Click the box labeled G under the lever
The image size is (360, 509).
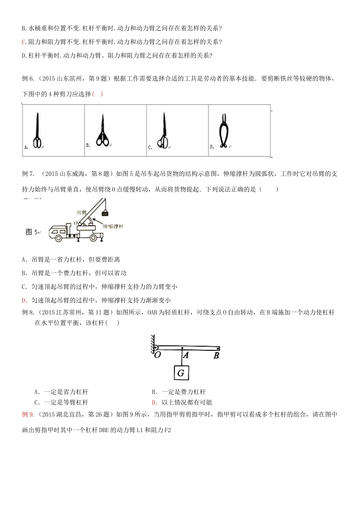181,373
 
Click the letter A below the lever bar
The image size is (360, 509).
186,355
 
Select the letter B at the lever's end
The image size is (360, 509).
216,355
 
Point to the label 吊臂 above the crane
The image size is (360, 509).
81,213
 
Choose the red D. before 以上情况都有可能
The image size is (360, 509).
154,402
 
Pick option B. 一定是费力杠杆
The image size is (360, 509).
178,392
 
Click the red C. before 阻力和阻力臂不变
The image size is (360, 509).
24,42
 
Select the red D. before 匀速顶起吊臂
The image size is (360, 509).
25,300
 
